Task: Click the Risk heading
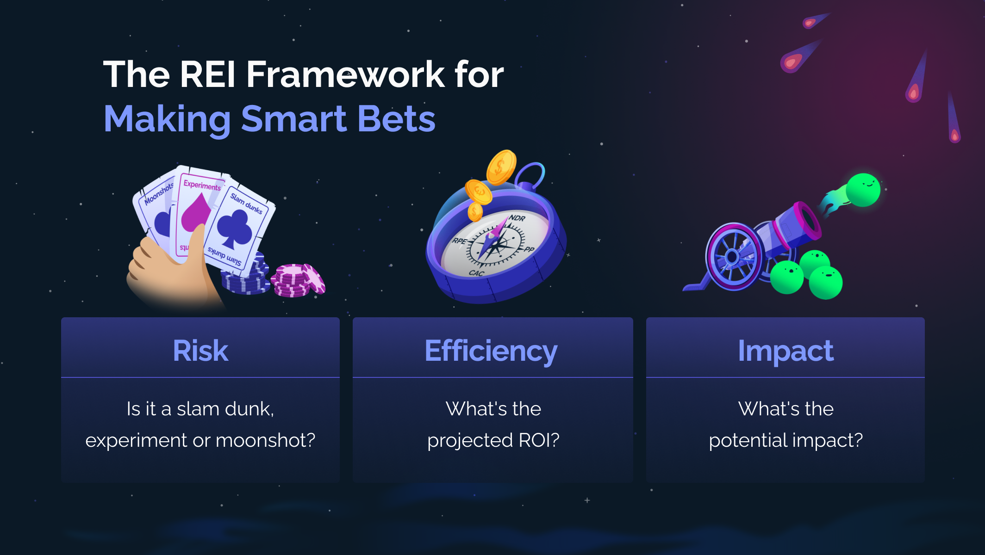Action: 200,351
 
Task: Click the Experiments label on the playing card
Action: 202,185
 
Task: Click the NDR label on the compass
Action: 517,218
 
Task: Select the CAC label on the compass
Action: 476,273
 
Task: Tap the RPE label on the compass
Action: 459,241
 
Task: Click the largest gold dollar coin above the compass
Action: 501,167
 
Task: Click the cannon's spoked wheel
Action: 733,257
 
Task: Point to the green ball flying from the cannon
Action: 863,190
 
